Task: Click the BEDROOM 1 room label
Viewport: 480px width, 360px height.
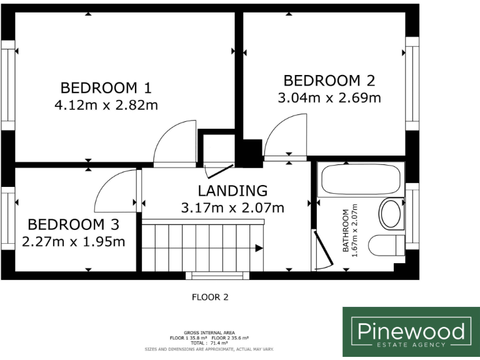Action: [106, 88]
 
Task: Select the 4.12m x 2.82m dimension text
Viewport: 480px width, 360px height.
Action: [106, 105]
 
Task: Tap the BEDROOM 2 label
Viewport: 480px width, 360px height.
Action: [329, 81]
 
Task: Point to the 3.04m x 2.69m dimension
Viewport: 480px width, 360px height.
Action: [329, 98]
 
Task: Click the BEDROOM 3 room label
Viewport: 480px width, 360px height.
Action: [73, 224]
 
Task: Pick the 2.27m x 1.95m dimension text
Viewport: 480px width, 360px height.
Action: [74, 242]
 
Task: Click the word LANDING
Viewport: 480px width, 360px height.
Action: [232, 191]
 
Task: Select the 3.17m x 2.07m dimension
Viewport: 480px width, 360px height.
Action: [232, 208]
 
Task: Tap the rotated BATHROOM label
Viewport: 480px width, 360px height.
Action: [346, 230]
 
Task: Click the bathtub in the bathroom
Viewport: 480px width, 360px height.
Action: [361, 179]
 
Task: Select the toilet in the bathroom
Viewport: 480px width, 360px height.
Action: [386, 245]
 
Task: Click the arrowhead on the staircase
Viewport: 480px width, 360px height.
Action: [259, 248]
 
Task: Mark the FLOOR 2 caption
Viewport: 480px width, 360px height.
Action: [210, 297]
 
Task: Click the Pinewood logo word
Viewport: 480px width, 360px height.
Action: [411, 331]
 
